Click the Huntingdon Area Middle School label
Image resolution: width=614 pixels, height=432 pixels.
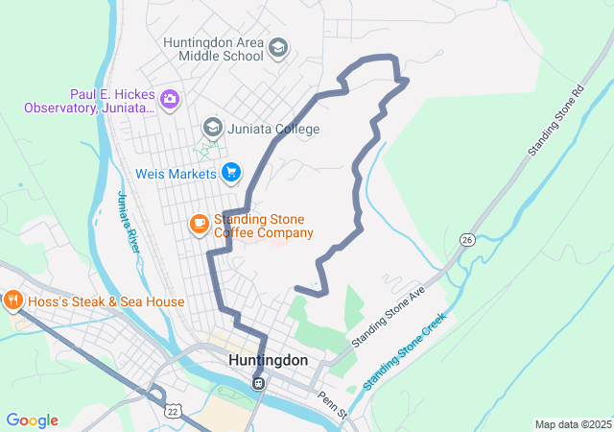213,49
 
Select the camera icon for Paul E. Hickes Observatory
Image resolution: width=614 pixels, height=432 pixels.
170,99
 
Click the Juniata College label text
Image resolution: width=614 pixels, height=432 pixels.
273,129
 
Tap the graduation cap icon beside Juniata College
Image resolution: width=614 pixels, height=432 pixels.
212,128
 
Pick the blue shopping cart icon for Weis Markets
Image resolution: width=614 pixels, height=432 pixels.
230,173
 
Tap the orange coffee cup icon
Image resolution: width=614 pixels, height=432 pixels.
199,225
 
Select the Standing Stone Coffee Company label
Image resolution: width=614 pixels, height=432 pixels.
263,226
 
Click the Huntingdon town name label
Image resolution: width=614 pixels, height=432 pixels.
269,360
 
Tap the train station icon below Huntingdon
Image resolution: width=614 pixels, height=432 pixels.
258,383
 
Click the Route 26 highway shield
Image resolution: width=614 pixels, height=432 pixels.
467,239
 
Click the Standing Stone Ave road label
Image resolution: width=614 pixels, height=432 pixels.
388,316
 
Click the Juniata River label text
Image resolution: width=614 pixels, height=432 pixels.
129,222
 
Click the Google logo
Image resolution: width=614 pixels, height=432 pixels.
32,420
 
